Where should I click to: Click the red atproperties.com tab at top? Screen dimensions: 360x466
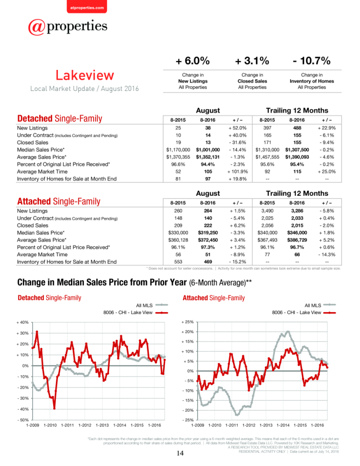click(87, 7)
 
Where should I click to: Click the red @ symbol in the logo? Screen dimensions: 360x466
click(36, 27)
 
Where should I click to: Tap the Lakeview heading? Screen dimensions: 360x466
click(85, 75)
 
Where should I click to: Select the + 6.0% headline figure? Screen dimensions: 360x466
click(193, 61)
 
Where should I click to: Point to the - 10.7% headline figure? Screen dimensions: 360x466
click(312, 61)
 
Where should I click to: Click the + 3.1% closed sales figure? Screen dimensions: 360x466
click(252, 61)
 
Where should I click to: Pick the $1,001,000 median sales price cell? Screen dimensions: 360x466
click(208, 150)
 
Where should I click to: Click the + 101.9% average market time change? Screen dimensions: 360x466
click(237, 171)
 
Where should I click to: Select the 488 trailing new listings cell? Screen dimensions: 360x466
click(297, 128)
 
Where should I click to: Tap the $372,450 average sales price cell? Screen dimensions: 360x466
click(208, 240)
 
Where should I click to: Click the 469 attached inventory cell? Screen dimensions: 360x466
click(208, 262)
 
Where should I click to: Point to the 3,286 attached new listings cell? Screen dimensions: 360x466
click(297, 211)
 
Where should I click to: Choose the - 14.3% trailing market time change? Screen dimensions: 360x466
click(327, 254)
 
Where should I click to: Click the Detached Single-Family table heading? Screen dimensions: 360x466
click(60, 118)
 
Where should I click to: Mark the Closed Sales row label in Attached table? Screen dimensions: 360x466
click(33, 225)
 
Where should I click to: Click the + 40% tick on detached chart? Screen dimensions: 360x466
click(22, 322)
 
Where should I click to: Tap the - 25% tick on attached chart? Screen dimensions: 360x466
click(188, 420)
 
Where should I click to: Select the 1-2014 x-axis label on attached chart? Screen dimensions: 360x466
click(283, 425)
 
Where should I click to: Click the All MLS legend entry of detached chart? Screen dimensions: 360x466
click(152, 305)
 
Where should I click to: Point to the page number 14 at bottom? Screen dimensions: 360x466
click(180, 453)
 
